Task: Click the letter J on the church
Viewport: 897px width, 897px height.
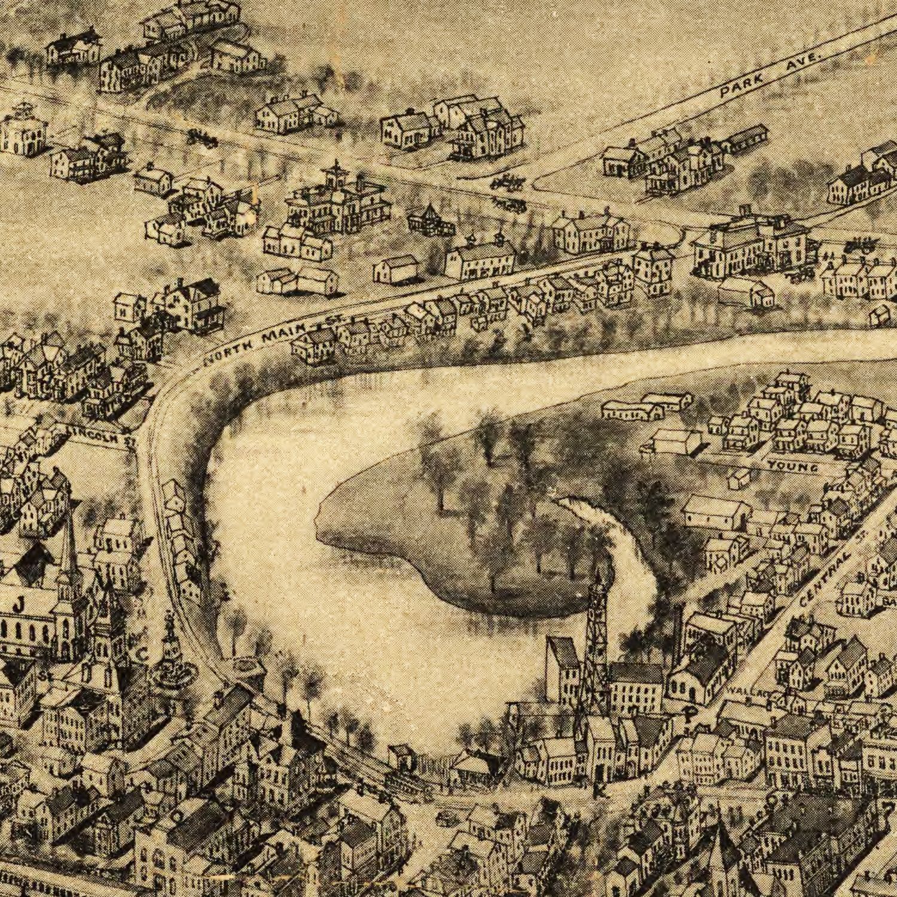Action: click(18, 606)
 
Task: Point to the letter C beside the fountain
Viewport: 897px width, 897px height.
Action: click(141, 654)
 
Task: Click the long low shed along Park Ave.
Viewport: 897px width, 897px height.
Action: click(745, 139)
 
